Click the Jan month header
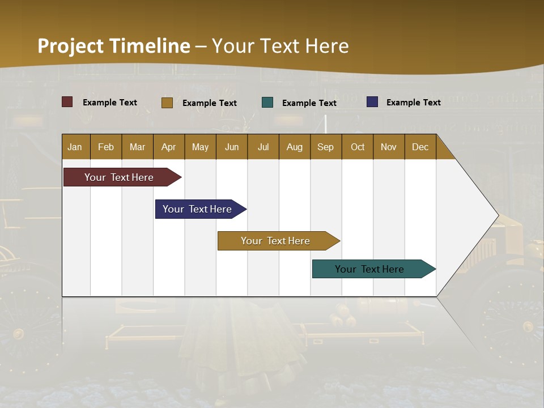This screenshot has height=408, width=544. [75, 147]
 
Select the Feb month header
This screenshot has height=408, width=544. [106, 147]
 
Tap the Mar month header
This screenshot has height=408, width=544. [137, 147]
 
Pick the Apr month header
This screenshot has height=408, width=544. [169, 147]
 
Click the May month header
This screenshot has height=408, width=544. [200, 147]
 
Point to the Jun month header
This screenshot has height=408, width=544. [232, 147]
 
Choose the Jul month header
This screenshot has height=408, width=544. [263, 147]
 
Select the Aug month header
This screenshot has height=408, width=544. [295, 147]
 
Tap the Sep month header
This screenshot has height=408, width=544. [326, 147]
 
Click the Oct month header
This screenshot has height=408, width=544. [358, 147]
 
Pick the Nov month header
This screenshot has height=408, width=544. [389, 147]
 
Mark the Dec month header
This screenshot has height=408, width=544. [420, 147]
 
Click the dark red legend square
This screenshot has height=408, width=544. [67, 102]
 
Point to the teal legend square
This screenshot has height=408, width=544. [267, 103]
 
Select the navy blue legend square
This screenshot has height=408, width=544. [372, 102]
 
